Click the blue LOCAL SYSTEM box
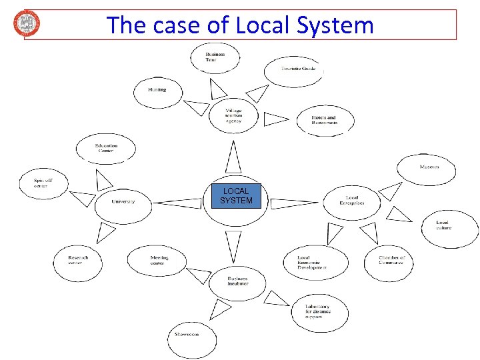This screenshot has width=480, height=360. pos(236,197)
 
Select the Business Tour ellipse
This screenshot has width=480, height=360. pos(215,57)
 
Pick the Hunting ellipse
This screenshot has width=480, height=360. pos(157,91)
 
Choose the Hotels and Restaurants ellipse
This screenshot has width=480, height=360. pos(325,120)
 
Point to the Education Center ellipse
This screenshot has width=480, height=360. pos(105,148)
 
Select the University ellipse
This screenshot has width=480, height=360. pos(123,202)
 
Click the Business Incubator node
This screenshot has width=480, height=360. pos(237,281)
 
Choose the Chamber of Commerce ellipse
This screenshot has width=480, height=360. pos(389,261)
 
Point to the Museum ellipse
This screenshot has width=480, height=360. pos(427,168)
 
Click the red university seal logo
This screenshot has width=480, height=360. pos(27,23)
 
